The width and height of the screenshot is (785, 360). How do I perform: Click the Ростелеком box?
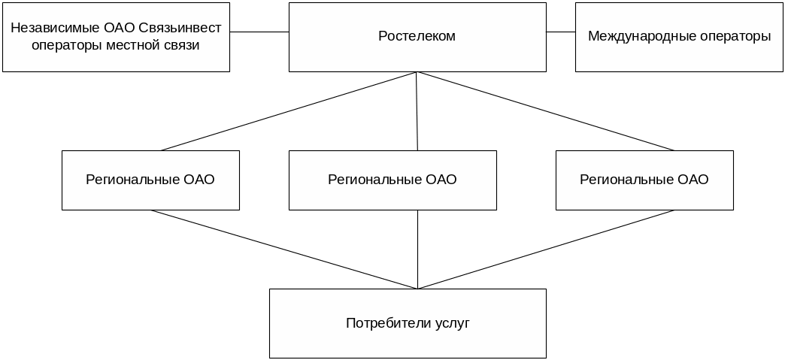417,36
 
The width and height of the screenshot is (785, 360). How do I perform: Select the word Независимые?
46,29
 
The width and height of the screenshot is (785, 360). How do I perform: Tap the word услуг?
453,323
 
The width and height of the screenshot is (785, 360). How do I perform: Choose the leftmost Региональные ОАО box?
150,180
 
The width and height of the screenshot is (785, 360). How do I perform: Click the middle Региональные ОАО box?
392,180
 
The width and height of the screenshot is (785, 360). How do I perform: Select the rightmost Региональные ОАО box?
644,180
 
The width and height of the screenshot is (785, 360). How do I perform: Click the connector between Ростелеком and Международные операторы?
561,32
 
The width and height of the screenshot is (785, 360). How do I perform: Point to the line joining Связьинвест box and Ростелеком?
259,32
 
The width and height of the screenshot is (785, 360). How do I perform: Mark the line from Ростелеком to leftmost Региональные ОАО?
289,111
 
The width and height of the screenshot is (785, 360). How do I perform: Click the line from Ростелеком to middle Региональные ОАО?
417,111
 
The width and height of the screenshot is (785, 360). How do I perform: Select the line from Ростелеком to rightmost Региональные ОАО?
545,111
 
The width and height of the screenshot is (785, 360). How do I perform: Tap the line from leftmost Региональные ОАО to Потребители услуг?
286,250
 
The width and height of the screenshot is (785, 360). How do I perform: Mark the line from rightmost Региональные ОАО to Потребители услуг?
545,250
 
